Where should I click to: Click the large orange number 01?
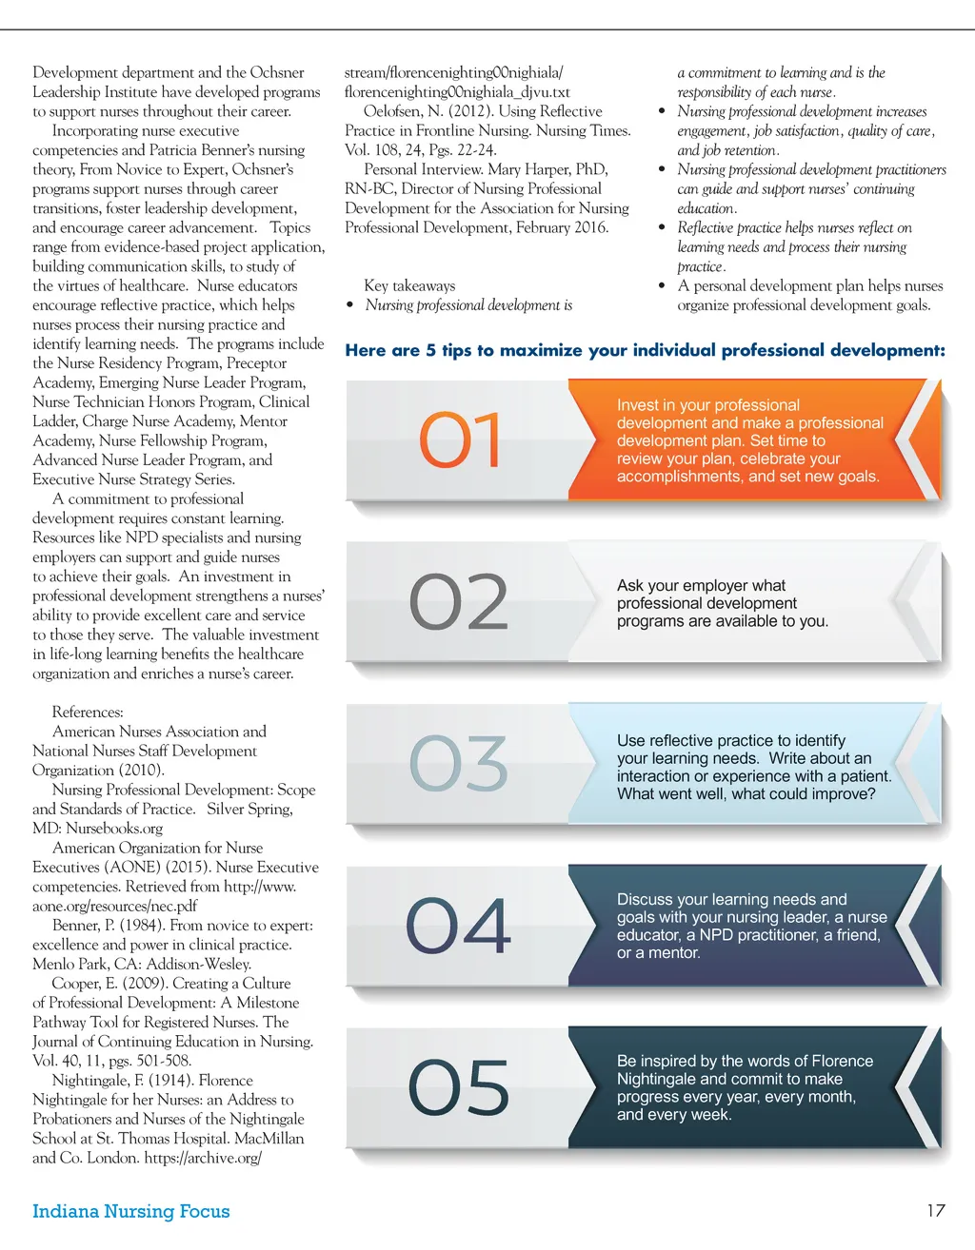[460, 439]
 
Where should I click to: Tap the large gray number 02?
[459, 602]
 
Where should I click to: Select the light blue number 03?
[459, 763]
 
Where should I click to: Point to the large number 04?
[459, 926]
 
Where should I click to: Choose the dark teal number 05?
[459, 1087]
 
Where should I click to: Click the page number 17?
[935, 1210]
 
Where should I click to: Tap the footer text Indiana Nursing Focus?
[131, 1211]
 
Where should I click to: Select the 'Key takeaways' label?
[409, 285]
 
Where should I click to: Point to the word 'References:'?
[88, 712]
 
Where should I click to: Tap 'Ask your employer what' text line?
[701, 585]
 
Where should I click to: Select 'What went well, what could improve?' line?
[746, 793]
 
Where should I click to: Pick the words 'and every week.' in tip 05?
[674, 1114]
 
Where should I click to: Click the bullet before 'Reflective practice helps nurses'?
[662, 227]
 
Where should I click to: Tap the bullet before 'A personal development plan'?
[662, 285]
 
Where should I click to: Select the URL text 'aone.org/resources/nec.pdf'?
[115, 906]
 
